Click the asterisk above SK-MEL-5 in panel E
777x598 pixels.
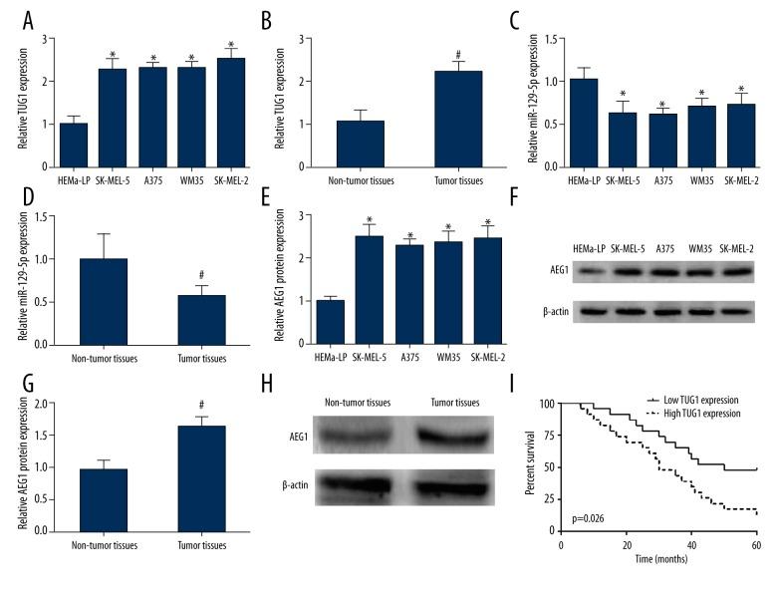(343, 219)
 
